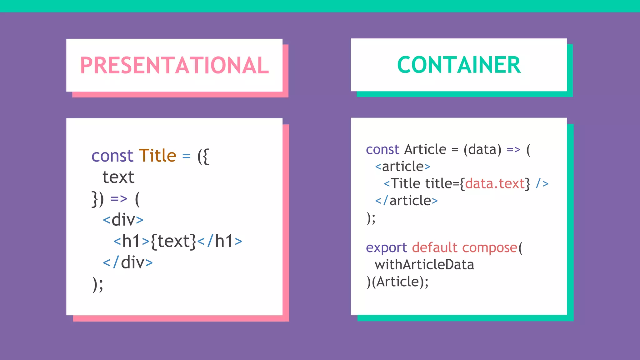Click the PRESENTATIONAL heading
(174, 65)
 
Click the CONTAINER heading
(459, 65)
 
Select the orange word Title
(157, 156)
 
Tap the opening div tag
(123, 220)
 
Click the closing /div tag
(128, 262)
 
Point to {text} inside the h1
(173, 241)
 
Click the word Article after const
(425, 149)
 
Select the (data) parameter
(482, 150)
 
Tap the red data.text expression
(494, 183)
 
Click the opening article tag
(403, 167)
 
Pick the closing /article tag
(406, 201)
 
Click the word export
(386, 248)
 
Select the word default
(435, 247)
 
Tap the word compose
(490, 248)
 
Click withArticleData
(424, 265)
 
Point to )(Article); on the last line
(397, 282)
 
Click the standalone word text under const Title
(118, 177)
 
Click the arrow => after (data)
(513, 150)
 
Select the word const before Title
(112, 156)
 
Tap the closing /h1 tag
(220, 241)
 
